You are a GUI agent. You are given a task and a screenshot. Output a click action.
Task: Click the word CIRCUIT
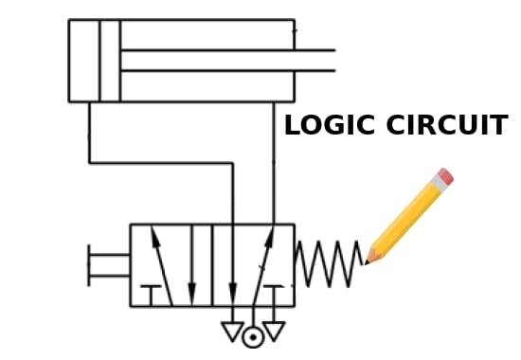[448, 126]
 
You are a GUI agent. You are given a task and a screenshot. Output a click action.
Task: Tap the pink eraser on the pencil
[443, 177]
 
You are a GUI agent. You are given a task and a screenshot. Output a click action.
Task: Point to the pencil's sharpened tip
[370, 259]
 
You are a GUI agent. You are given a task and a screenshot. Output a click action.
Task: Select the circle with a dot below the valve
[253, 336]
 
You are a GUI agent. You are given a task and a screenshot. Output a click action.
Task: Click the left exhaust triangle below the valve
[232, 331]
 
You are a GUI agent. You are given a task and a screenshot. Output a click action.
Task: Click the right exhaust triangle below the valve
[274, 331]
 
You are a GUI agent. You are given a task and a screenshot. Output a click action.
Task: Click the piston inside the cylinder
[110, 61]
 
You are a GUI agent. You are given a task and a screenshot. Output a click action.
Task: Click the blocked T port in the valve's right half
[274, 288]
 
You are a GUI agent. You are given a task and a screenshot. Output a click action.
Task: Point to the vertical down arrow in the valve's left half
[191, 265]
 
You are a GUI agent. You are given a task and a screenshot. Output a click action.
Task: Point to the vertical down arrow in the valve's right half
[233, 265]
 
